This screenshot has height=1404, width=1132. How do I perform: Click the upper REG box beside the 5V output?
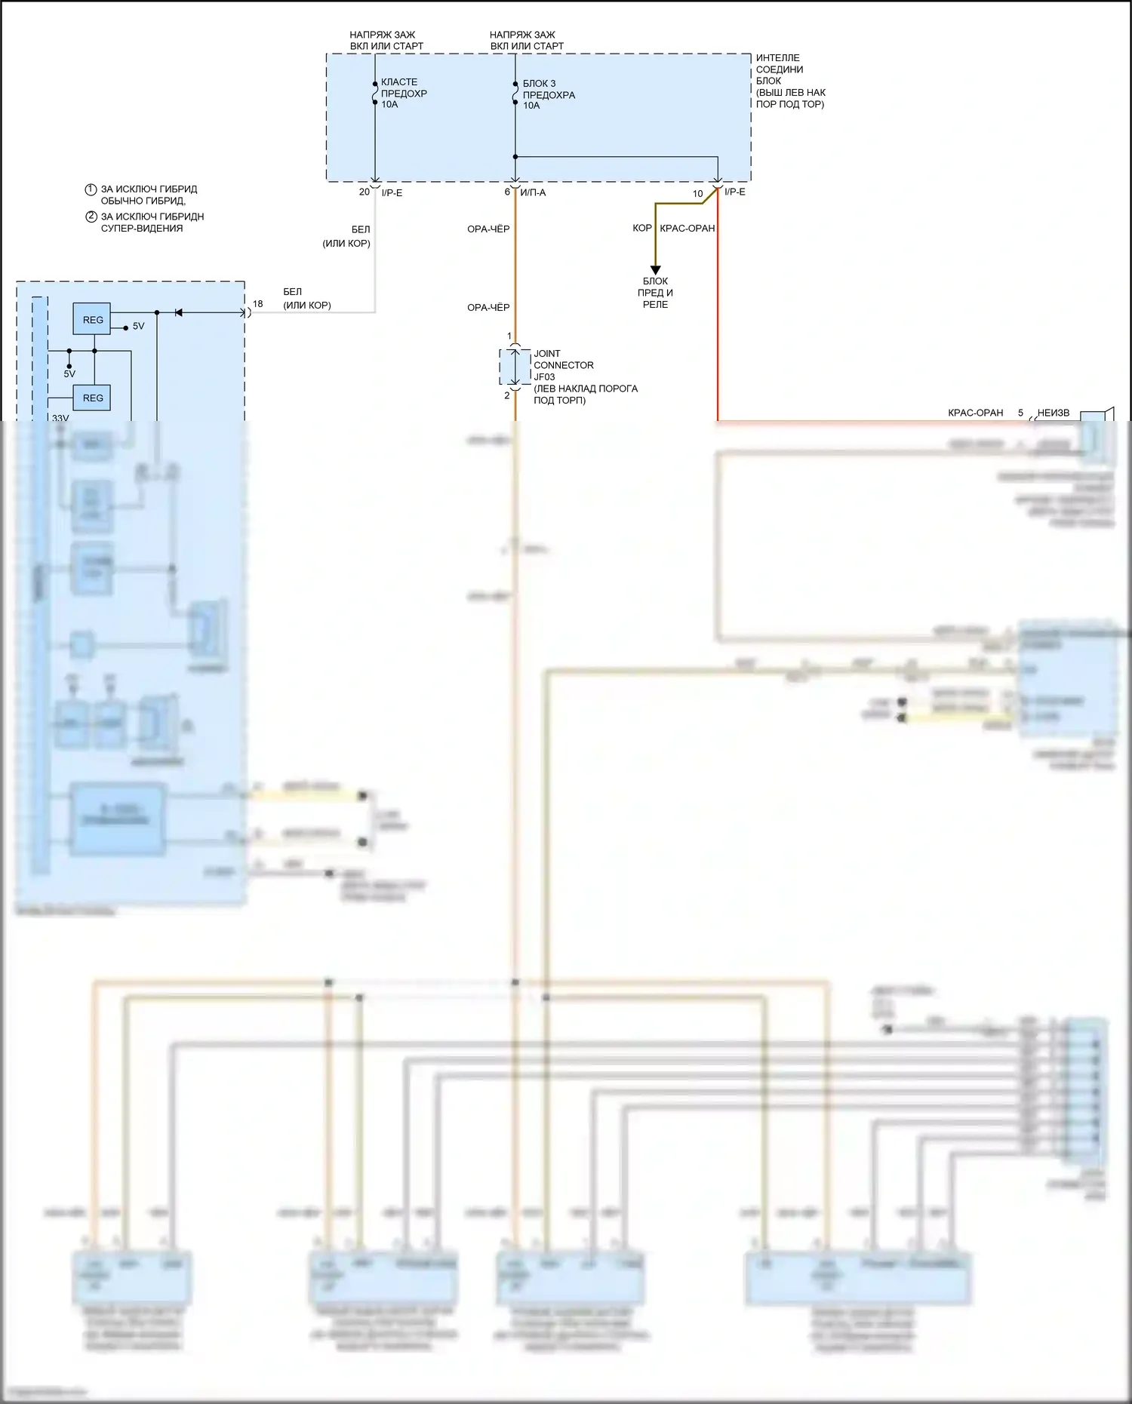coord(92,320)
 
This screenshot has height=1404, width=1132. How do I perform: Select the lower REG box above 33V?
coord(92,398)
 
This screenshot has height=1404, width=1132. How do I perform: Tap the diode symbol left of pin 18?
coord(178,312)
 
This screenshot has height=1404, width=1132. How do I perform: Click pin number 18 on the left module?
coord(258,304)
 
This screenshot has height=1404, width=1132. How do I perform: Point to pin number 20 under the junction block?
coord(365,192)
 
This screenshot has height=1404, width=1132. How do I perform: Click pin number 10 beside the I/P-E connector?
coord(698,194)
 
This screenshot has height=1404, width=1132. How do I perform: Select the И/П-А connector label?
coord(533,193)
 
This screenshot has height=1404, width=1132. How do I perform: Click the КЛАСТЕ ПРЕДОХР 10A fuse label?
coord(403,93)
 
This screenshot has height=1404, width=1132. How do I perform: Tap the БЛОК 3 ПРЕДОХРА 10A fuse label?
coord(549,94)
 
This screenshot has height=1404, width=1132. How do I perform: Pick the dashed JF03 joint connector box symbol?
coord(515,367)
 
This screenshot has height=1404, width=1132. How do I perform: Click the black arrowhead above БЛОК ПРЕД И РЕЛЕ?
coord(655,270)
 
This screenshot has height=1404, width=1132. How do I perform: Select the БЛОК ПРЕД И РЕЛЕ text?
coord(655,293)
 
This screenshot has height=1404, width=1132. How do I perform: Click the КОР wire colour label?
coord(641,228)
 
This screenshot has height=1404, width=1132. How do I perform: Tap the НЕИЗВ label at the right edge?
coord(1053,413)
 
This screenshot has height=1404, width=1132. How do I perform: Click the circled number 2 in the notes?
coord(91,217)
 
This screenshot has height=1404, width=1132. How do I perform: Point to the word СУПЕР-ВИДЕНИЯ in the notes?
coord(142,229)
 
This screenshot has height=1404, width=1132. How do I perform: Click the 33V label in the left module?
coord(60,418)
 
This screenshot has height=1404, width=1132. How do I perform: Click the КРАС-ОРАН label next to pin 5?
coord(975,413)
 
